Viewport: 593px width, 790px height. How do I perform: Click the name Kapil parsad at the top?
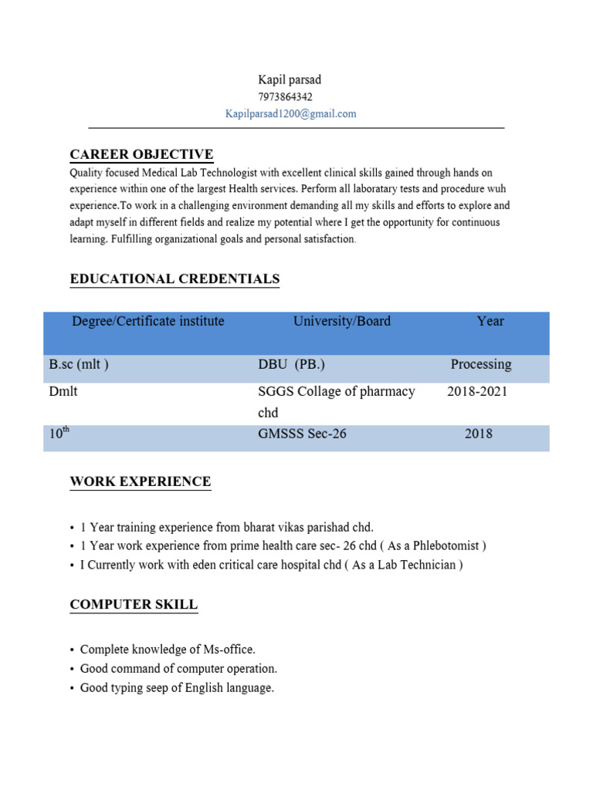[x=290, y=80]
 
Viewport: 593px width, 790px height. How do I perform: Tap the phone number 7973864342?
[x=285, y=97]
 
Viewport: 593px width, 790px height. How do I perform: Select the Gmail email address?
[x=290, y=114]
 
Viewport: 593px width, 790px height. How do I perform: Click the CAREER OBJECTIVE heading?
[x=141, y=155]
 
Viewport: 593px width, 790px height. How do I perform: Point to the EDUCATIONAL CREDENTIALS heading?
[x=175, y=279]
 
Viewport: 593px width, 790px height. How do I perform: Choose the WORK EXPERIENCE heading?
[x=140, y=482]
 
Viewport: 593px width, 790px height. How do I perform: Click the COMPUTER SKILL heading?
[x=134, y=606]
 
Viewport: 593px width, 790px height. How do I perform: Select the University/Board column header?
[x=342, y=322]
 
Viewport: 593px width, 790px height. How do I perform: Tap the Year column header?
[x=490, y=322]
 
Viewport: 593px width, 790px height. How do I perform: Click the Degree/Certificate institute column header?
[x=148, y=322]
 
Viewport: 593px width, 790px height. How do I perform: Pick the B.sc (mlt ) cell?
[x=79, y=365]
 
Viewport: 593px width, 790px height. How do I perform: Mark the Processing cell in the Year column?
[x=481, y=365]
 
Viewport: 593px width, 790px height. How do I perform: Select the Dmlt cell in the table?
[x=63, y=392]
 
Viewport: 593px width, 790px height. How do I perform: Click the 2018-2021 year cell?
[x=477, y=392]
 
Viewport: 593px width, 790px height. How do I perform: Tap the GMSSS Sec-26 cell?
[x=302, y=434]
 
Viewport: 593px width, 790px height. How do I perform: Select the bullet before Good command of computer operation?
[x=71, y=670]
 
